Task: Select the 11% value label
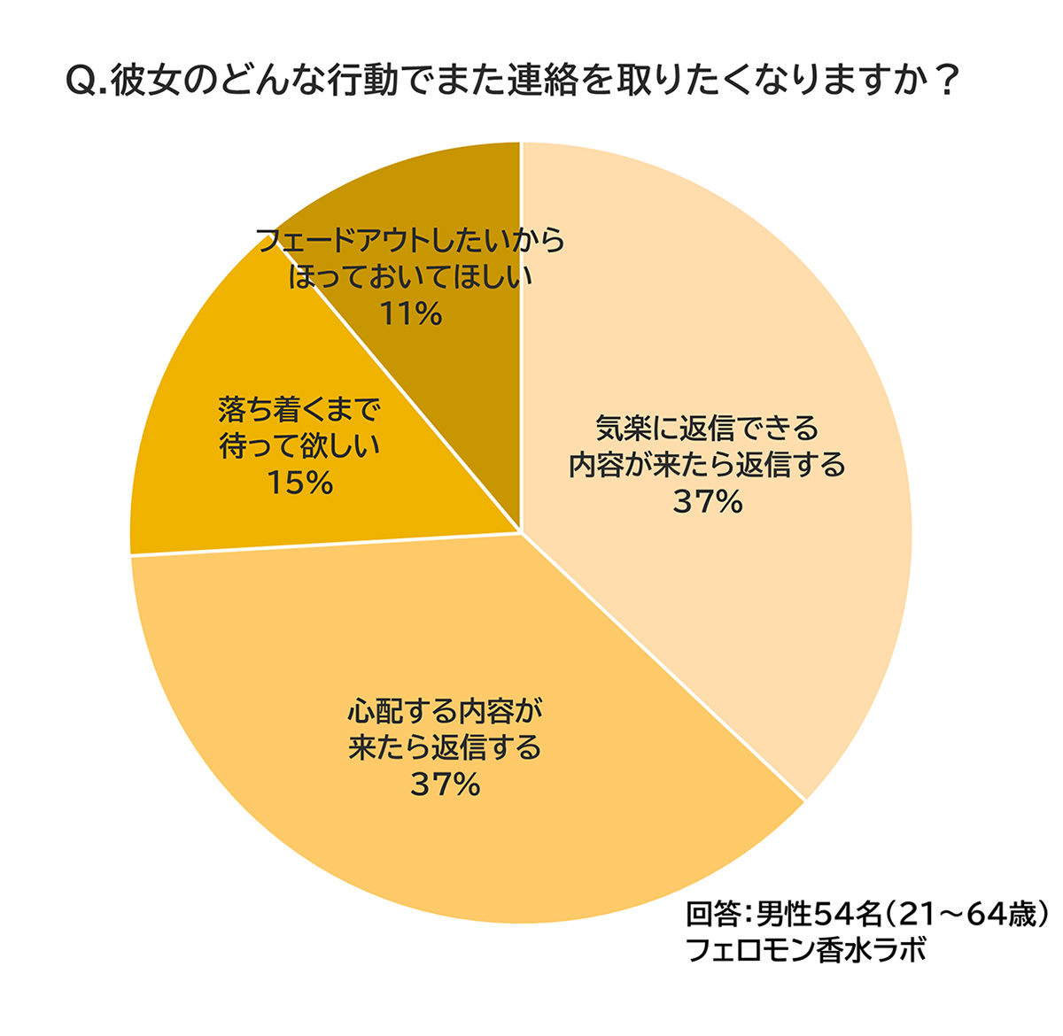point(410,313)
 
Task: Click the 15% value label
point(299,483)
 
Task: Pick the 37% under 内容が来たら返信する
point(707,502)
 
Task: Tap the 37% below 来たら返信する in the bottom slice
point(445,785)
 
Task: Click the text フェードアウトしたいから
point(410,241)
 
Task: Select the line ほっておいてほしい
point(410,277)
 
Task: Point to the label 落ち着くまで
point(299,410)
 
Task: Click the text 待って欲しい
point(299,446)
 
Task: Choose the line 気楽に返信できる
point(707,429)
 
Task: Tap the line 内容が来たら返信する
point(707,465)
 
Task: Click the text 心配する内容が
point(445,711)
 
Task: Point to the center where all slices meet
point(520,533)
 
